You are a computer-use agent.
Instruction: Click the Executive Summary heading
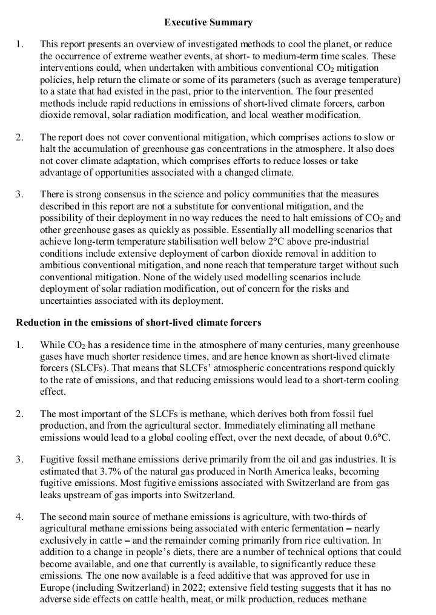coord(208,22)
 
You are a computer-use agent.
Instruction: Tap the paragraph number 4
coord(21,517)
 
